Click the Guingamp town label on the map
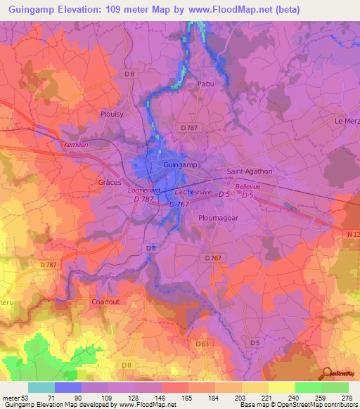(x=180, y=164)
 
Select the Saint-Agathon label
(x=249, y=171)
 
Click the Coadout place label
(x=106, y=301)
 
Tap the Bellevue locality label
(x=247, y=186)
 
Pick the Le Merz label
(x=347, y=121)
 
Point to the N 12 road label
(x=351, y=233)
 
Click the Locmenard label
(x=144, y=190)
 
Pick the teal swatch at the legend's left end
(x=41, y=387)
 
